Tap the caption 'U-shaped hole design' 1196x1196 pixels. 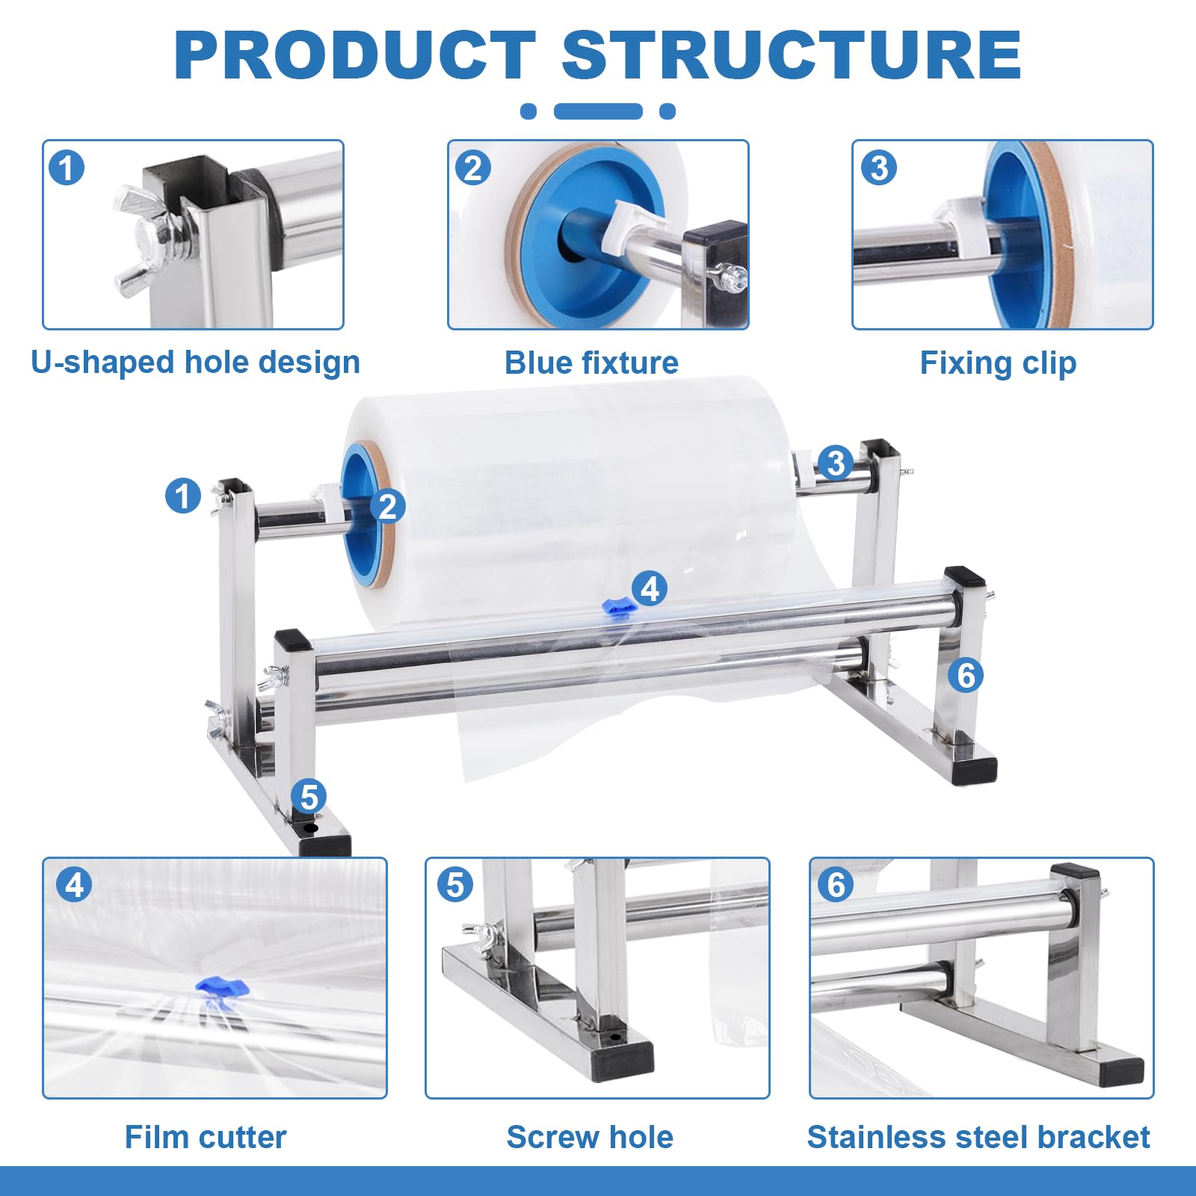pos(196,363)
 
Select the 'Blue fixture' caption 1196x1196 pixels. pos(591,363)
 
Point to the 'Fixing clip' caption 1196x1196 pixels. pos(998,363)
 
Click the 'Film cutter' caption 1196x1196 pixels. pos(206,1137)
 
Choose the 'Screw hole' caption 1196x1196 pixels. pos(590,1137)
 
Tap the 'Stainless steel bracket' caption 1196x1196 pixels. pos(978,1137)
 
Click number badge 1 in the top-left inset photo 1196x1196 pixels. pos(67,167)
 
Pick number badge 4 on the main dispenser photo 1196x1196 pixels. pos(650,589)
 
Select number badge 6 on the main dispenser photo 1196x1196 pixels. pos(966,675)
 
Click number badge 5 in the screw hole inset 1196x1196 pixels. pos(455,885)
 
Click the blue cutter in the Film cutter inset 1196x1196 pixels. pos(221,987)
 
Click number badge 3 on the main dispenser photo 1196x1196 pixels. pos(835,463)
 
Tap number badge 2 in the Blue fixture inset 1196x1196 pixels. pos(472,167)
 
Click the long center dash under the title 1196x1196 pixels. pos(598,111)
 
